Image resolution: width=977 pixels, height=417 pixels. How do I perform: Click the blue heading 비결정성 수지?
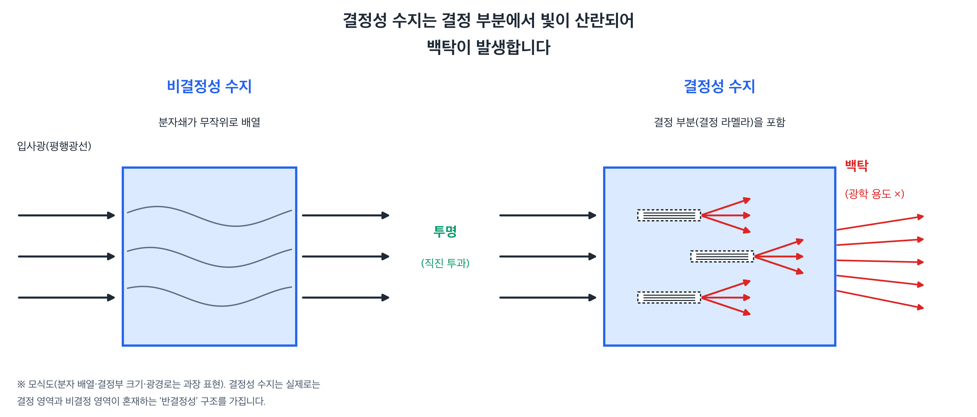[x=210, y=86]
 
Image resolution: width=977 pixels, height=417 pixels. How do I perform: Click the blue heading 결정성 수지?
[x=719, y=86]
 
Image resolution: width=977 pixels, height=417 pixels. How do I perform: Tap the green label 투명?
[x=445, y=231]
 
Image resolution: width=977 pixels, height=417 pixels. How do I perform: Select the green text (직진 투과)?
[x=445, y=263]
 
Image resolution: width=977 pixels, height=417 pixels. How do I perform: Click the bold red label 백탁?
[x=856, y=166]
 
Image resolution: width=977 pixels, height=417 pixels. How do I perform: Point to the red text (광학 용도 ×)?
[x=874, y=194]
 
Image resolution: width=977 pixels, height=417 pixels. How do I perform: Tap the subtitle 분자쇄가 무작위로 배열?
[x=210, y=122]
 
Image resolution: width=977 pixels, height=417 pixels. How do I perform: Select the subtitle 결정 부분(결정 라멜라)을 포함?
[x=719, y=122]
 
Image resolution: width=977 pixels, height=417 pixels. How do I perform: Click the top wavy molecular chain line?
[x=210, y=216]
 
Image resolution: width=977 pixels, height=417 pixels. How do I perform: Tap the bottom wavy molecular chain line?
[x=210, y=296]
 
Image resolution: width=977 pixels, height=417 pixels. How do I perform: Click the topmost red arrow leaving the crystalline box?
[x=880, y=223]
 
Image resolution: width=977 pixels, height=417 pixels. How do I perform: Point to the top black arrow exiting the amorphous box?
[x=345, y=215]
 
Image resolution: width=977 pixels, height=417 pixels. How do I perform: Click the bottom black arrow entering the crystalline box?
[x=548, y=298]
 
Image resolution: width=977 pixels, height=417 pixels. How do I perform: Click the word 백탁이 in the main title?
[x=448, y=47]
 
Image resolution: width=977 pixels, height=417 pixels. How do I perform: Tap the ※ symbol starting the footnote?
[x=21, y=384]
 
